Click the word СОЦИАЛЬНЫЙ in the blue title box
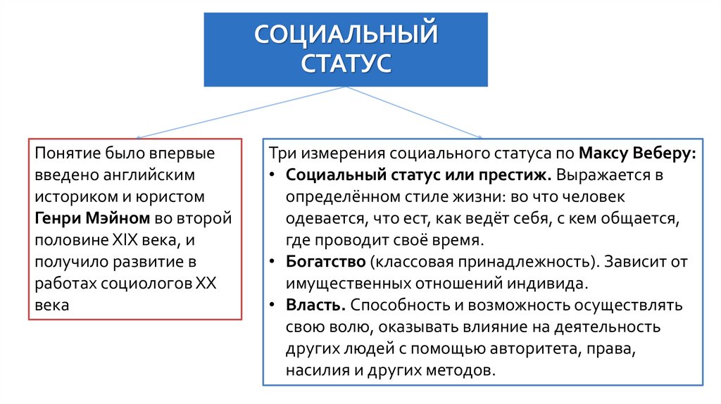tap(345, 34)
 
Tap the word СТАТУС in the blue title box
tap(345, 63)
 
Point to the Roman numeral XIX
tap(127, 241)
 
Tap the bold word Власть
tap(315, 306)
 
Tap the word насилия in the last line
tap(313, 371)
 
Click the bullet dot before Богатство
tap(272, 263)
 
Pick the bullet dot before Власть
tap(272, 306)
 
